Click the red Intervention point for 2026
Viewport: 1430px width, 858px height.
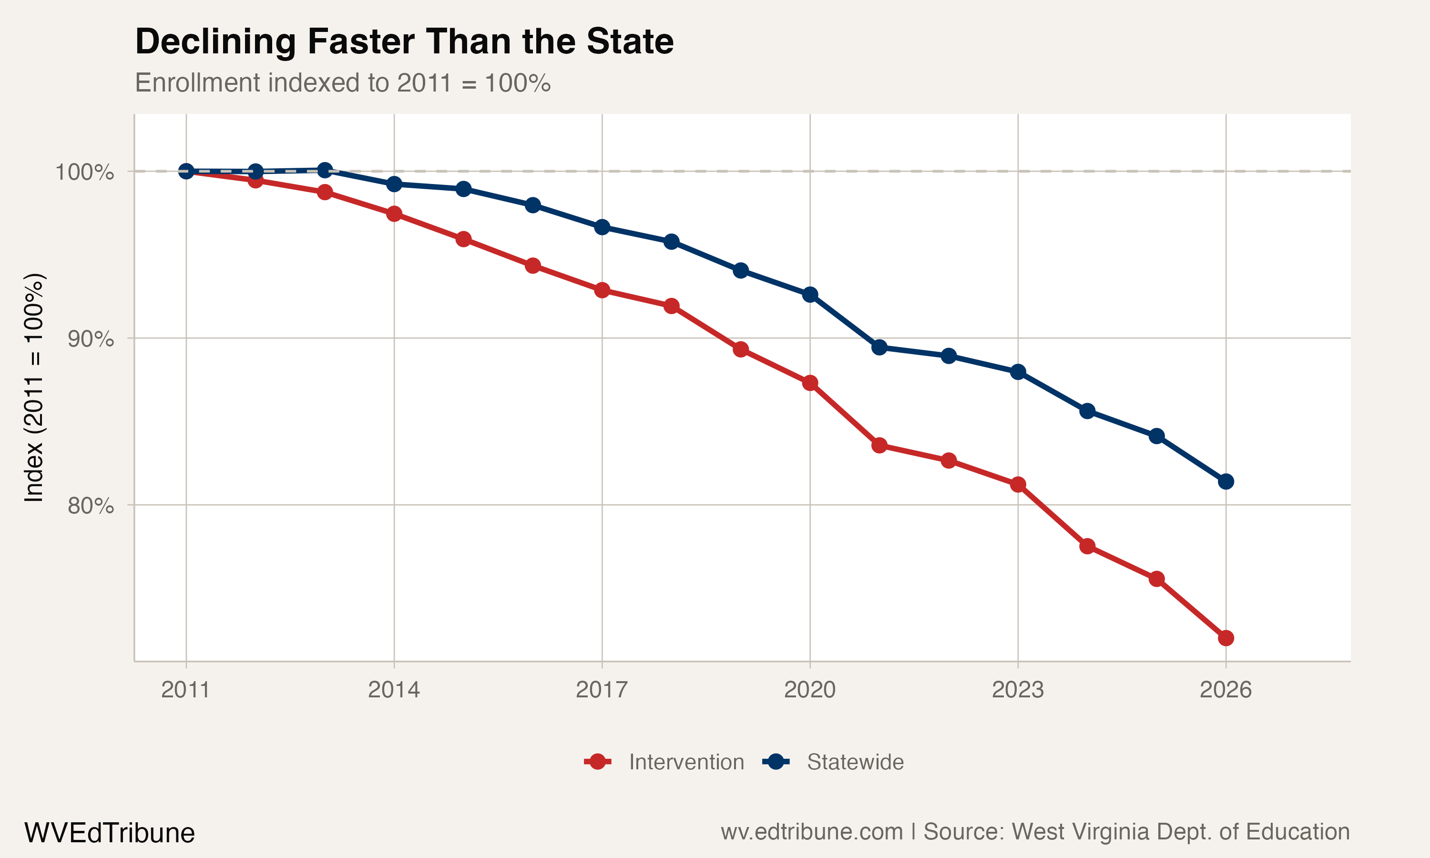tap(1226, 638)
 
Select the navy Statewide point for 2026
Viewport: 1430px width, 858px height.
tap(1226, 481)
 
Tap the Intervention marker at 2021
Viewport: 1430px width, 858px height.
tap(879, 445)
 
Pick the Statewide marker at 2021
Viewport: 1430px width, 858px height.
tap(879, 347)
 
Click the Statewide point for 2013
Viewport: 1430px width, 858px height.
tap(325, 170)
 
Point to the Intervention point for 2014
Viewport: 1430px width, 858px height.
tap(394, 214)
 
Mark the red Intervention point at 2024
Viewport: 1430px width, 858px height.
tap(1087, 546)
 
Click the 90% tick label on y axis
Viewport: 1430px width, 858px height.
tap(90, 339)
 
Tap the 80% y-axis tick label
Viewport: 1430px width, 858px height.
tap(90, 506)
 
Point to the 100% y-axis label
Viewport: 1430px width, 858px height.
tap(84, 172)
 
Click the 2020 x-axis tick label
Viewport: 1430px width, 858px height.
tap(809, 690)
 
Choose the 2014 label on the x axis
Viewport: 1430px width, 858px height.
tap(394, 690)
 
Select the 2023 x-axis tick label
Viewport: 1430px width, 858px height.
tap(1017, 690)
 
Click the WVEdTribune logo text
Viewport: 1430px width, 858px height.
tap(109, 833)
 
